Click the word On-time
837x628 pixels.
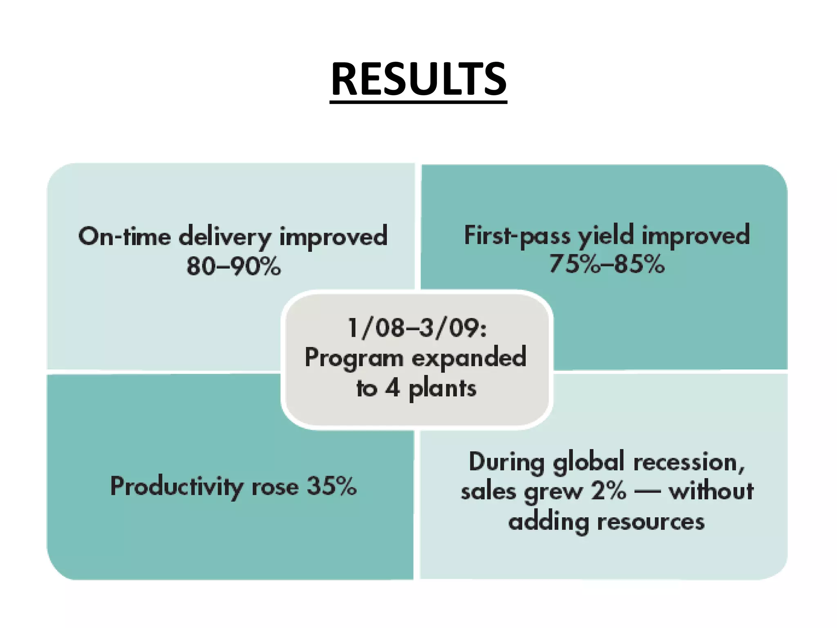pyautogui.click(x=124, y=236)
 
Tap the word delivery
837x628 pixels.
pyautogui.click(x=225, y=237)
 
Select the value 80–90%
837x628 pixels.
pyautogui.click(x=233, y=266)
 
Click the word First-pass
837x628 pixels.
pyautogui.click(x=517, y=235)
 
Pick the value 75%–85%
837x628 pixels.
pyautogui.click(x=606, y=264)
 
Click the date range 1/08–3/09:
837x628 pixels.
pyautogui.click(x=417, y=328)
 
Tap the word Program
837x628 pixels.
pyautogui.click(x=354, y=359)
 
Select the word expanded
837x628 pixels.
pyautogui.click(x=469, y=357)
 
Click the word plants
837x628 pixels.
pyautogui.click(x=443, y=389)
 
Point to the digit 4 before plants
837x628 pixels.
pyautogui.click(x=392, y=388)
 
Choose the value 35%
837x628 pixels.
pyautogui.click(x=331, y=486)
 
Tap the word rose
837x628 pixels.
pyautogui.click(x=275, y=487)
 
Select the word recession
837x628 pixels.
pyautogui.click(x=689, y=462)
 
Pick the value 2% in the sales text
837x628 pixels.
pyautogui.click(x=608, y=491)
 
